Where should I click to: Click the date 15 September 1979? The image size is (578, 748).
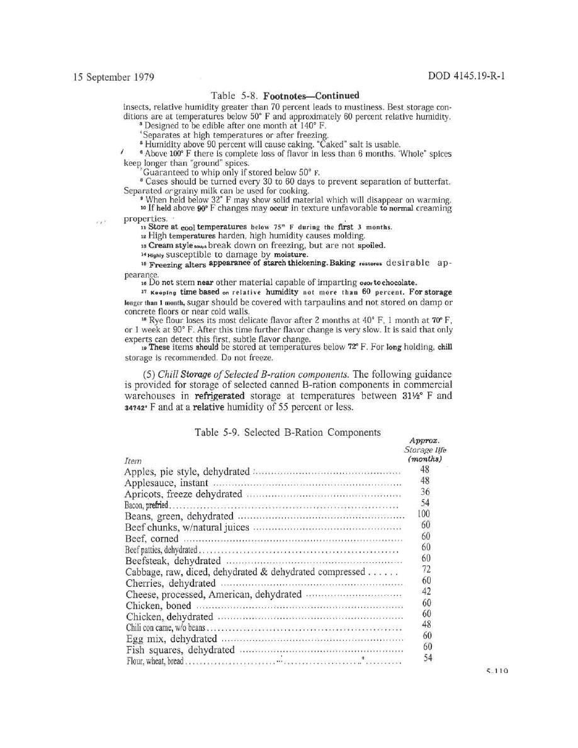(x=113, y=77)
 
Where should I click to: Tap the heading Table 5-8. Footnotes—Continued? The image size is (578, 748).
(x=285, y=96)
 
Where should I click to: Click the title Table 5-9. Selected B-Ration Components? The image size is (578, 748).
(x=286, y=432)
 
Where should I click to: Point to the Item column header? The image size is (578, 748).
(x=133, y=461)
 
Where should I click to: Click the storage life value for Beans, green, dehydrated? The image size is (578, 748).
(x=426, y=514)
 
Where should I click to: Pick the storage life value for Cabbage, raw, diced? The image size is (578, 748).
(x=426, y=569)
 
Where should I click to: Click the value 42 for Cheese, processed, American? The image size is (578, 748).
(x=426, y=591)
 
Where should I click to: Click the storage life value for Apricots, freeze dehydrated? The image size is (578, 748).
(x=426, y=492)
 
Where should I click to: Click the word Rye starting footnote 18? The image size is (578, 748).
(x=154, y=320)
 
